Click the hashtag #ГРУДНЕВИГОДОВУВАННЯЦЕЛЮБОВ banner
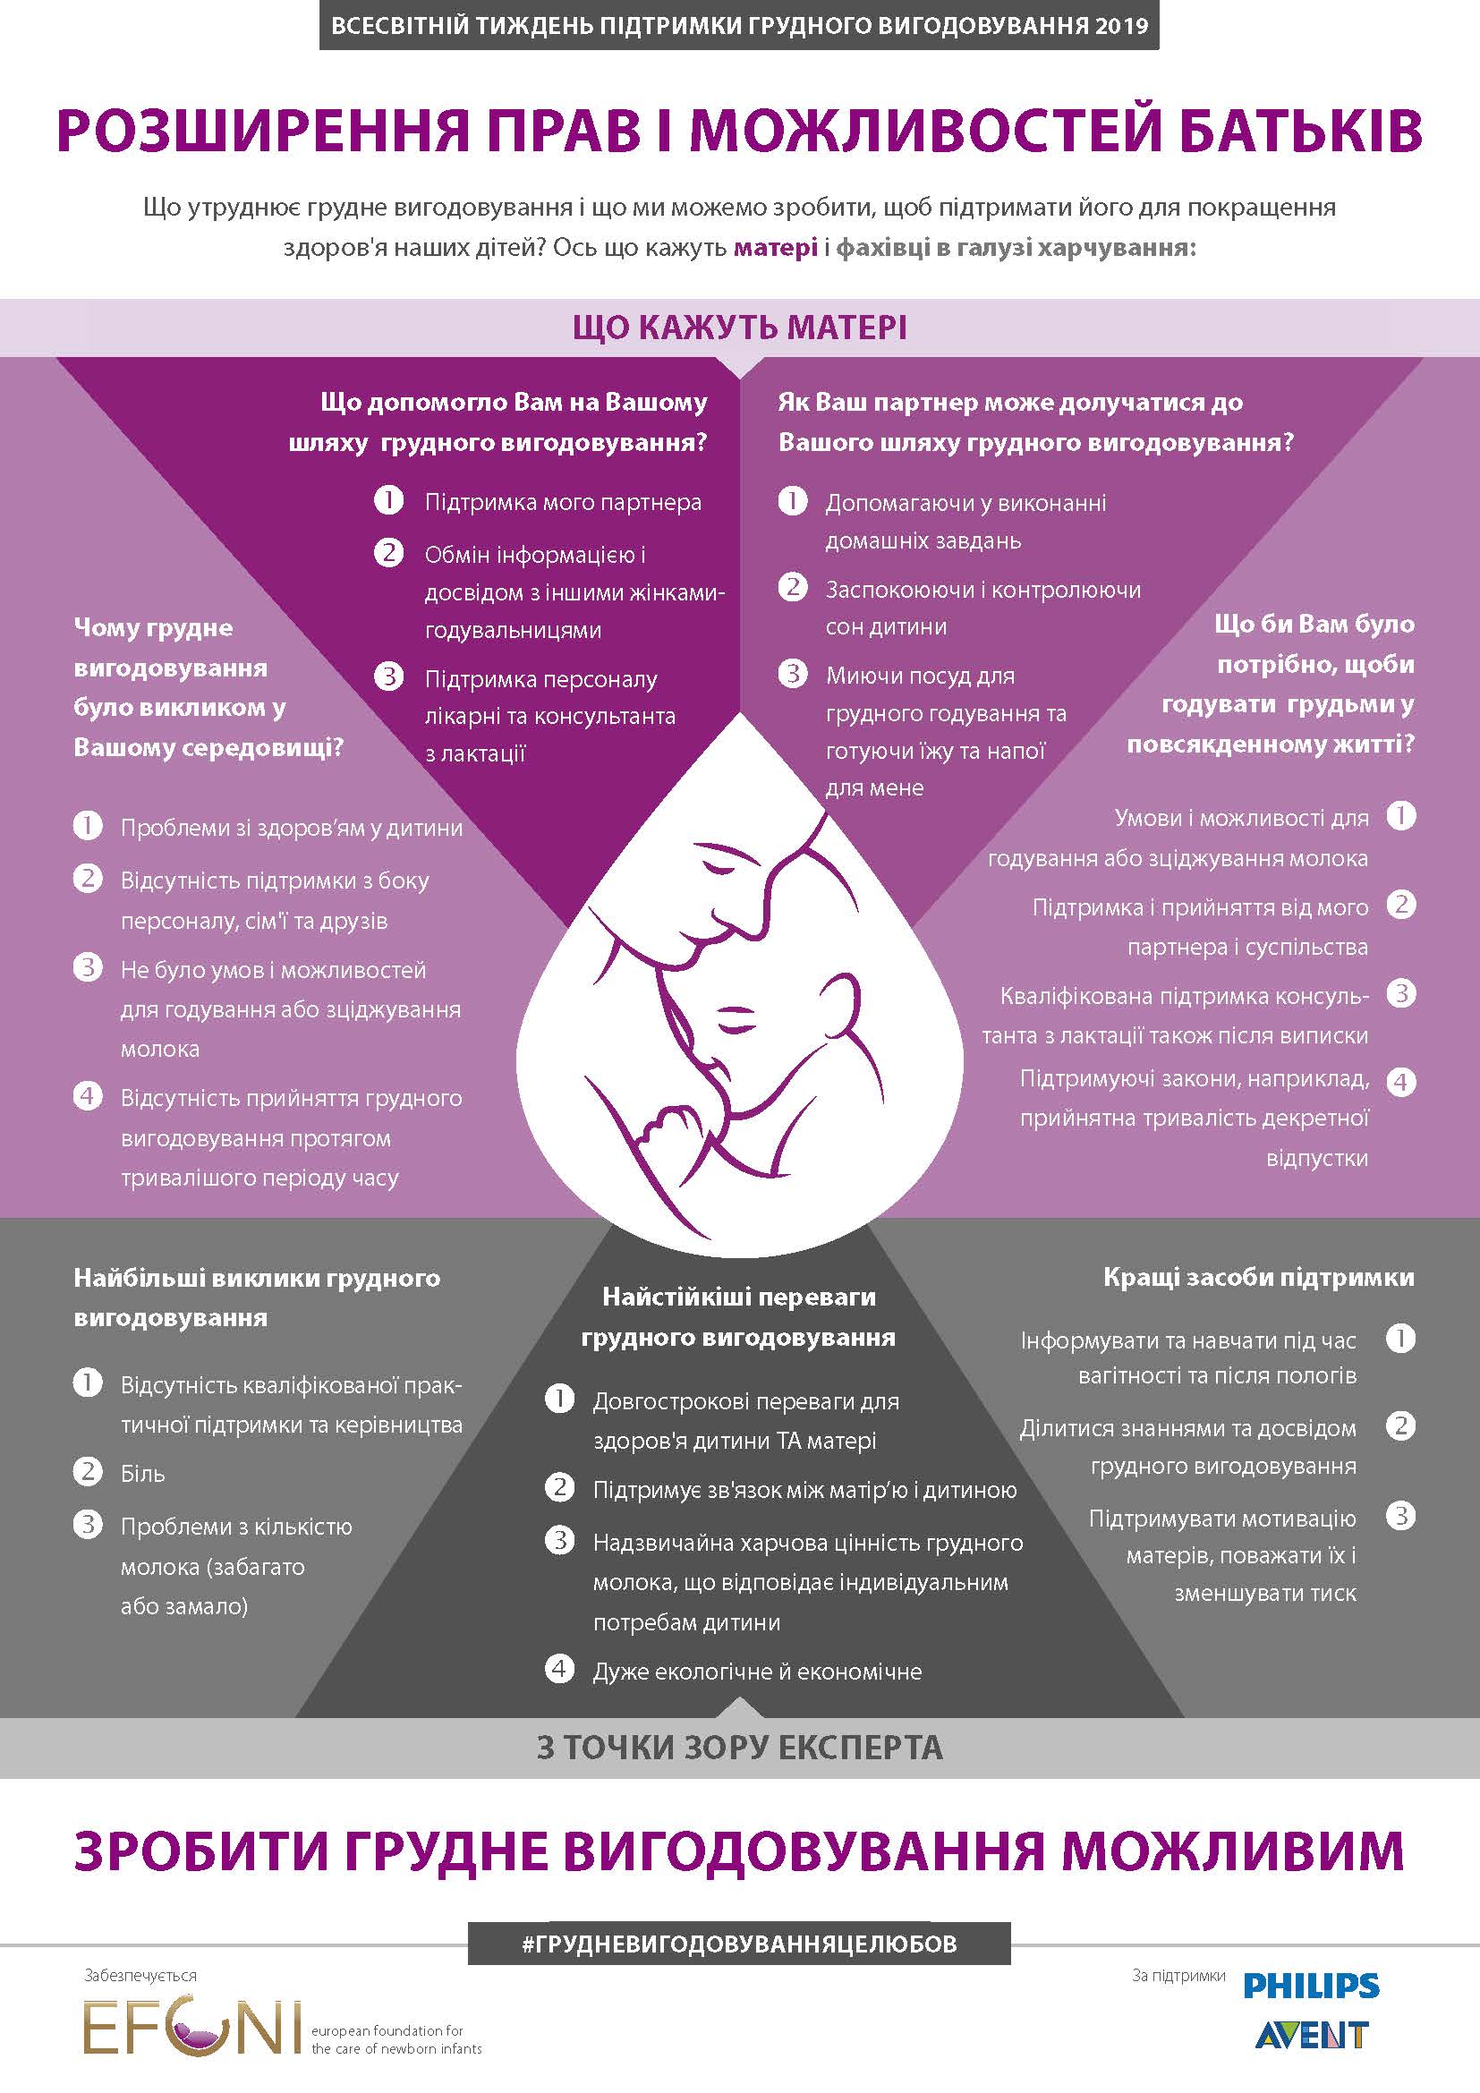click(x=739, y=1943)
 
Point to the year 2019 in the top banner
click(x=1123, y=26)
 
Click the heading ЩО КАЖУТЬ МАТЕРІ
click(x=739, y=328)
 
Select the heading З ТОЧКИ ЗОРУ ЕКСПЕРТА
click(x=739, y=1748)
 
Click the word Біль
click(x=143, y=1474)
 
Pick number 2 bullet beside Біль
click(x=89, y=1471)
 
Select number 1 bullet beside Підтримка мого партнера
click(x=389, y=500)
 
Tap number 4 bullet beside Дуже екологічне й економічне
click(x=559, y=1669)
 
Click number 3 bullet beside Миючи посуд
click(x=793, y=674)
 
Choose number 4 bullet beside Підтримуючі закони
click(x=1401, y=1082)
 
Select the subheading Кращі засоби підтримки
click(x=1259, y=1277)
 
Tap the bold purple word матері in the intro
click(x=776, y=248)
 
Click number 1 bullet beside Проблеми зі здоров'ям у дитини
click(x=89, y=826)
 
